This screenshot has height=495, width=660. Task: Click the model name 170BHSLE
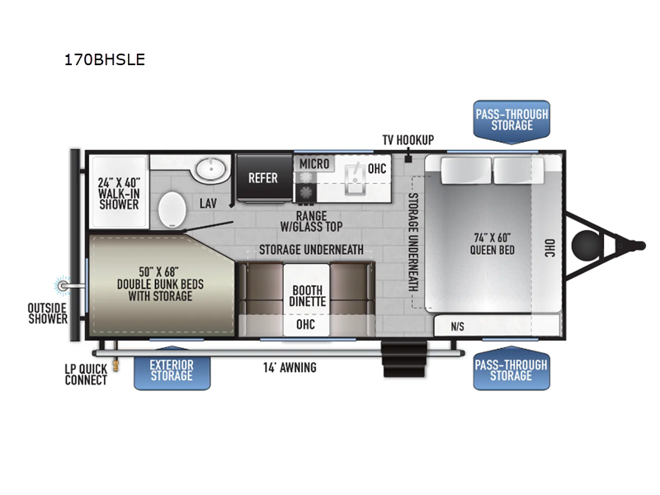coord(105,59)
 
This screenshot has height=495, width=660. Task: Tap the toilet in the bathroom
coord(172,210)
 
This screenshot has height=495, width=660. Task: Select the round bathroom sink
coord(211,169)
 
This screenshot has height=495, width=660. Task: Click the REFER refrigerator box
coord(264,178)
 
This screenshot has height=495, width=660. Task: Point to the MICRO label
coord(314,163)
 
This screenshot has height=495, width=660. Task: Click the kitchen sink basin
coord(356,179)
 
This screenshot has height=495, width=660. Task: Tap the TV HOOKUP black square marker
coord(408,159)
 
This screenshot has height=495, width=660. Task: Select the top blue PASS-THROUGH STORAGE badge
coord(511,121)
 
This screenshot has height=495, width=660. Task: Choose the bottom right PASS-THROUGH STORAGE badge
coord(511,368)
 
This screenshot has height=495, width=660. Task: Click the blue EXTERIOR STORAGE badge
coord(172,369)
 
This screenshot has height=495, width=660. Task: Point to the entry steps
coord(404,359)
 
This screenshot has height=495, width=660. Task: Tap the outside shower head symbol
coord(63,285)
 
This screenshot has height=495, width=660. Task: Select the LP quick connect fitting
coord(116,365)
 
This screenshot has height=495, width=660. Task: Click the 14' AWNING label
coord(290,367)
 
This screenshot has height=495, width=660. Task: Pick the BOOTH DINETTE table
coord(306,299)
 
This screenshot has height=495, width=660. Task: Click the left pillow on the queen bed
coord(466,170)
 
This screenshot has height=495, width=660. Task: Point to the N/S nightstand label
coord(458,327)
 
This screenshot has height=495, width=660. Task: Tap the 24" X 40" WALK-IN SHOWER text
coord(119,194)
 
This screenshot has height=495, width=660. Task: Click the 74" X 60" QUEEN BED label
coord(492,244)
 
